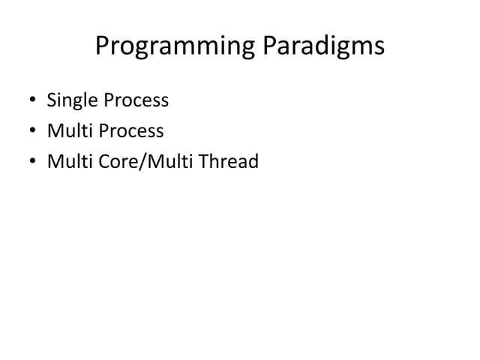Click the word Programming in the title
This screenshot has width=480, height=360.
click(x=175, y=46)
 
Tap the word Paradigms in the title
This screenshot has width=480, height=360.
click(x=323, y=46)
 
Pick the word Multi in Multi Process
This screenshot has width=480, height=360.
click(x=67, y=130)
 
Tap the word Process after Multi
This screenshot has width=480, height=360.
click(x=128, y=130)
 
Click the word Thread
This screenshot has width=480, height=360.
click(x=230, y=161)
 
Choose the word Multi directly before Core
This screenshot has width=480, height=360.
click(x=67, y=161)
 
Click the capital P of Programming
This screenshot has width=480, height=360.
click(x=102, y=46)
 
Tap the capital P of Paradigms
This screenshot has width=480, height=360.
click(x=268, y=46)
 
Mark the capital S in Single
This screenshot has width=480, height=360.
click(x=52, y=100)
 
